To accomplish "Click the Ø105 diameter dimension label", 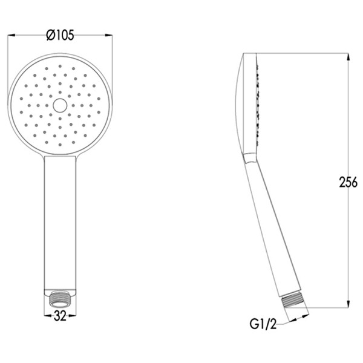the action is (60, 35).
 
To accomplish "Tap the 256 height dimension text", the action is (348, 182).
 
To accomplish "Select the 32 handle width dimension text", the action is (60, 316).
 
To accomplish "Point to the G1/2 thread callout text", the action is (263, 324).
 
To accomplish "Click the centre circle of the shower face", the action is (60, 105).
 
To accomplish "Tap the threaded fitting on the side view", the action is (294, 301).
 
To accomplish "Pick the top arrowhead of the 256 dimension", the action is (348, 57).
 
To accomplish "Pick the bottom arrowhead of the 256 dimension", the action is (348, 304).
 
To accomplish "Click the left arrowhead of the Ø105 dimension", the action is (11, 35).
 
